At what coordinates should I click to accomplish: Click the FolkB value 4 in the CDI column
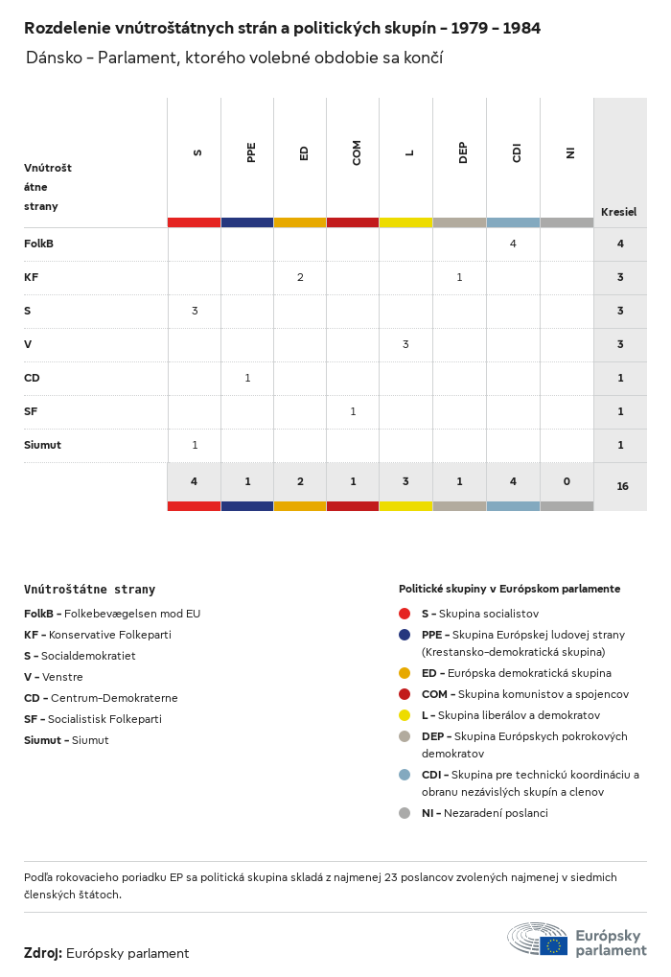[x=513, y=244]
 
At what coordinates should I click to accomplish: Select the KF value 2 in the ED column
[x=300, y=277]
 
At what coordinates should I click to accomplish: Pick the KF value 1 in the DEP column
[x=459, y=277]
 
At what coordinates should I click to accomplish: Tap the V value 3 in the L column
[x=405, y=344]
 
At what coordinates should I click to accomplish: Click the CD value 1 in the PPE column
[x=247, y=378]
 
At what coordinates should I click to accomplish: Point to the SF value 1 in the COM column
[x=353, y=411]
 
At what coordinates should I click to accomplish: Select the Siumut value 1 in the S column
[x=195, y=445]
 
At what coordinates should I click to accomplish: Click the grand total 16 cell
[x=622, y=486]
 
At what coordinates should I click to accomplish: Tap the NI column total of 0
[x=567, y=481]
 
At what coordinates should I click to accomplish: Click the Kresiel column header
[x=618, y=212]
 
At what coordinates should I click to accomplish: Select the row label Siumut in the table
[x=42, y=445]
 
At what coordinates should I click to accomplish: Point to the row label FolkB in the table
[x=38, y=244]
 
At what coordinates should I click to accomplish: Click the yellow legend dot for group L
[x=405, y=715]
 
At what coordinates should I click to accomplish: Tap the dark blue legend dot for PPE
[x=405, y=635]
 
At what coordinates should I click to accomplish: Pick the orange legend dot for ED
[x=405, y=673]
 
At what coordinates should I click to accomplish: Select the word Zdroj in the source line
[x=42, y=953]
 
